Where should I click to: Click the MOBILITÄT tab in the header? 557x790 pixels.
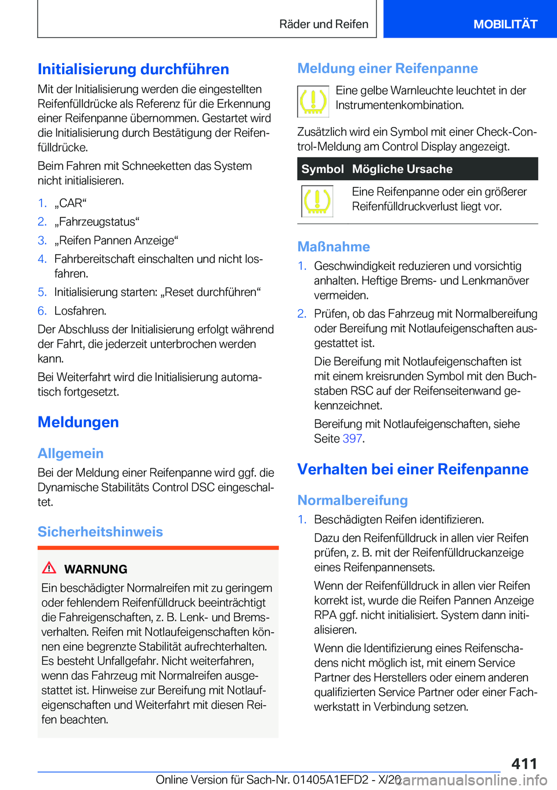point(505,24)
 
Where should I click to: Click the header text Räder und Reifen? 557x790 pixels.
point(323,24)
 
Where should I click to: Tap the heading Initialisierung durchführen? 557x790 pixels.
point(133,69)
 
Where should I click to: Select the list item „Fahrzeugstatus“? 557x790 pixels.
point(97,222)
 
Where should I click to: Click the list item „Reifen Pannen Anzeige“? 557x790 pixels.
point(116,240)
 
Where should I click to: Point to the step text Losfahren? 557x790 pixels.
point(80,310)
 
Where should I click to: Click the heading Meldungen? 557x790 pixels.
point(78,422)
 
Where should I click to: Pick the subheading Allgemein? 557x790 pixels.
point(71,453)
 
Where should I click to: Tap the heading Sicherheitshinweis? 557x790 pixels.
point(100,531)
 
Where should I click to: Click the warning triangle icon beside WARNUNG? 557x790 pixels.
point(49,568)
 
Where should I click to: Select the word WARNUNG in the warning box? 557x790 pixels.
point(96,569)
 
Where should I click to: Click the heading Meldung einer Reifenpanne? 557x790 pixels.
point(387,68)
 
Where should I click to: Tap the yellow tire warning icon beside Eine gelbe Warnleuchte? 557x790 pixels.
point(313,101)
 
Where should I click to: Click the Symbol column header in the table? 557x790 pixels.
point(322,169)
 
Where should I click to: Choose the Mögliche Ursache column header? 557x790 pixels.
point(402,169)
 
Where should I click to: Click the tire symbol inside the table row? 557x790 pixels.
point(317,201)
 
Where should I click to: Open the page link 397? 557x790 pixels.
point(352,439)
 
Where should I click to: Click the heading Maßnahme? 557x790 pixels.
point(334,247)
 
